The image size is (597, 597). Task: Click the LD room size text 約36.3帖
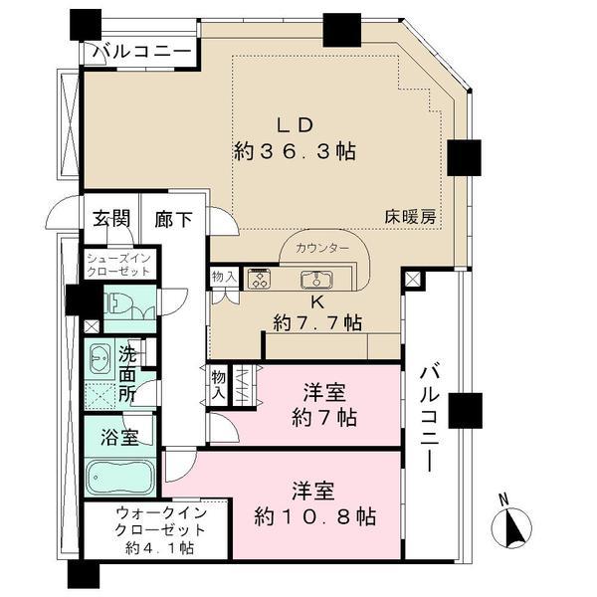pos(296,152)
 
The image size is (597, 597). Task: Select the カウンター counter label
pos(321,248)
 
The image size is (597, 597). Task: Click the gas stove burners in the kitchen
pos(259,279)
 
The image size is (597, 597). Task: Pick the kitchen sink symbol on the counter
pos(332,279)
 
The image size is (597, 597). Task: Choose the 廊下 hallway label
pos(173,219)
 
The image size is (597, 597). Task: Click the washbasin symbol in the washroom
pos(100,359)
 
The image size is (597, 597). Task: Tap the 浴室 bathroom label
pos(118,435)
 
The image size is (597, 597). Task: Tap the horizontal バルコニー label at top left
pos(140,51)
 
